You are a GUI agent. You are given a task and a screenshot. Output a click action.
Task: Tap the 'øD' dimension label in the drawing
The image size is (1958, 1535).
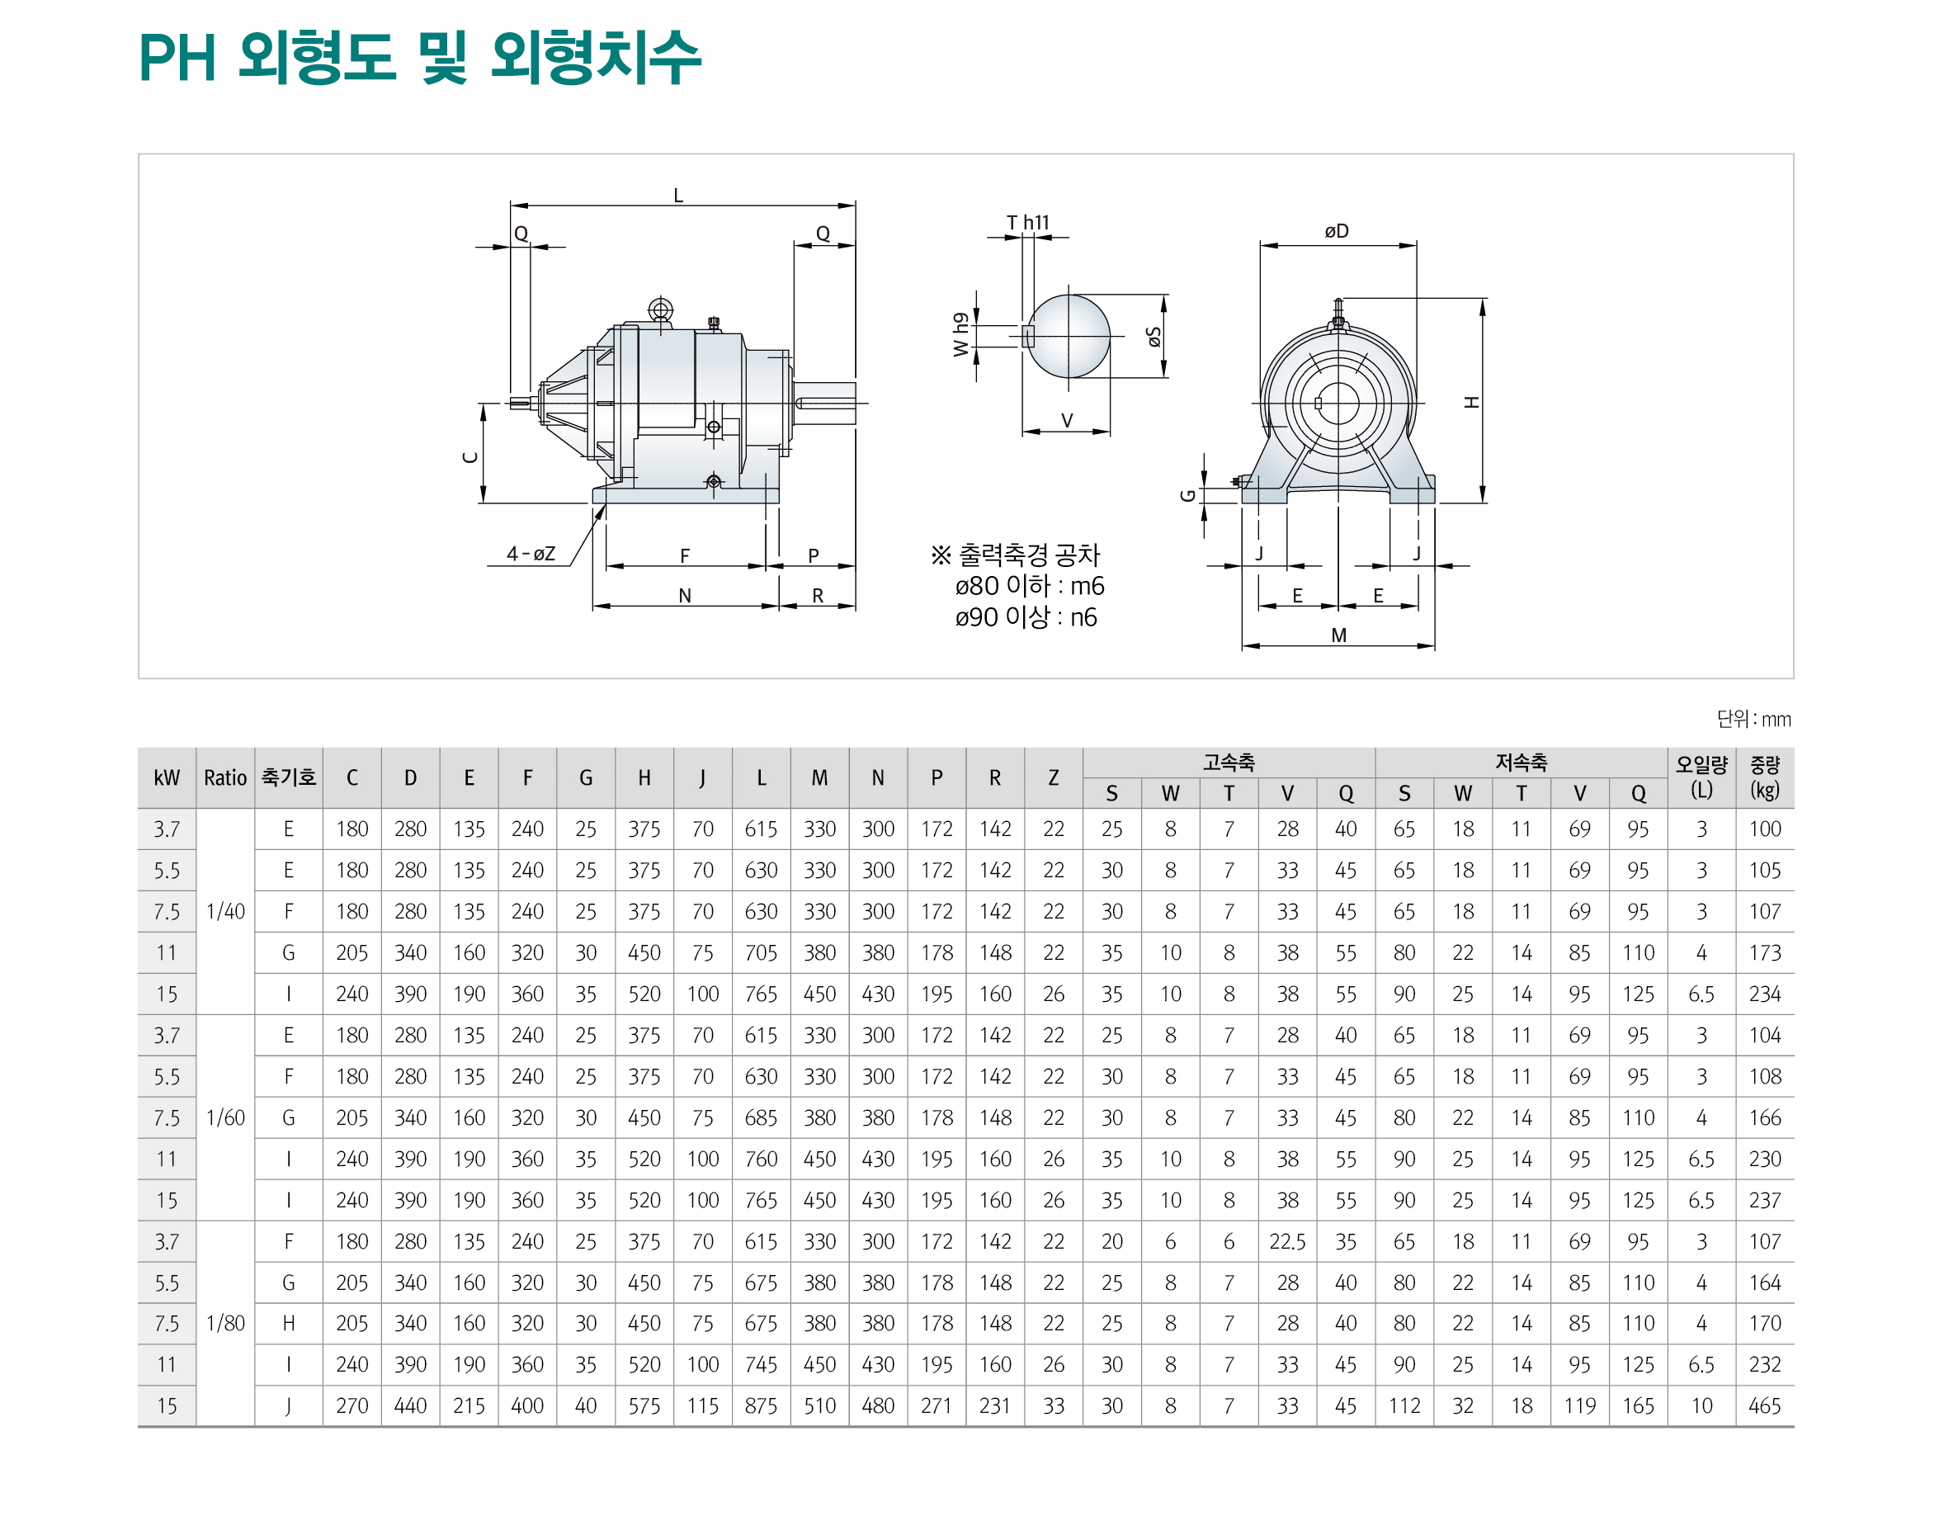tap(1335, 231)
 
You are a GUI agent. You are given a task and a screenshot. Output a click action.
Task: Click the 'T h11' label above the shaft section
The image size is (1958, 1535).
tap(1027, 222)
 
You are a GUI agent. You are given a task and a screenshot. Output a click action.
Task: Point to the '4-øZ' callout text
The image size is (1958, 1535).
tap(531, 554)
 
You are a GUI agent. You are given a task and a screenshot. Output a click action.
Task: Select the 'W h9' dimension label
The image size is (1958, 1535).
tap(960, 334)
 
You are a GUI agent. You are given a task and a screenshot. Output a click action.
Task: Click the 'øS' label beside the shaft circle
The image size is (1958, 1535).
tap(1154, 337)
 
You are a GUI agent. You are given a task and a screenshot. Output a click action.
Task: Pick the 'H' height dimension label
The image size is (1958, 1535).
tap(1471, 402)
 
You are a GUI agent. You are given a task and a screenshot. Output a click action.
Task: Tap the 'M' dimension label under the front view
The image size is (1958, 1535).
tap(1338, 635)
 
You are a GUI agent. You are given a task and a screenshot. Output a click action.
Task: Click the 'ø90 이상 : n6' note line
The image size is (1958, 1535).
tap(1026, 617)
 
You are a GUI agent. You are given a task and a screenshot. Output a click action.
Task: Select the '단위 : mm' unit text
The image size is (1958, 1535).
tap(1753, 719)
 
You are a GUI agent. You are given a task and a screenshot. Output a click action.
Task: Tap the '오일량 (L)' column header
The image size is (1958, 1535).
tap(1701, 777)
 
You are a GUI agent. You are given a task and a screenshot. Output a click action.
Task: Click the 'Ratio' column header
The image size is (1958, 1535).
tap(224, 778)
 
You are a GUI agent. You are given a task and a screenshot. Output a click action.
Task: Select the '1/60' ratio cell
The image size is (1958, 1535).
tap(224, 1118)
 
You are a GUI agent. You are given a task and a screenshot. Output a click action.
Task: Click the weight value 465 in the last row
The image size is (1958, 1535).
tap(1764, 1405)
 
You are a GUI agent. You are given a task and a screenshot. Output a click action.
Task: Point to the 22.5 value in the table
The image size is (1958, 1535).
tap(1286, 1241)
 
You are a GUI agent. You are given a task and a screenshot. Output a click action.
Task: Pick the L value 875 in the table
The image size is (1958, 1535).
tap(760, 1405)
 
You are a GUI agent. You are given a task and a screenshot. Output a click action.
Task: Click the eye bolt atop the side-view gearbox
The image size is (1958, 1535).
tap(660, 310)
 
